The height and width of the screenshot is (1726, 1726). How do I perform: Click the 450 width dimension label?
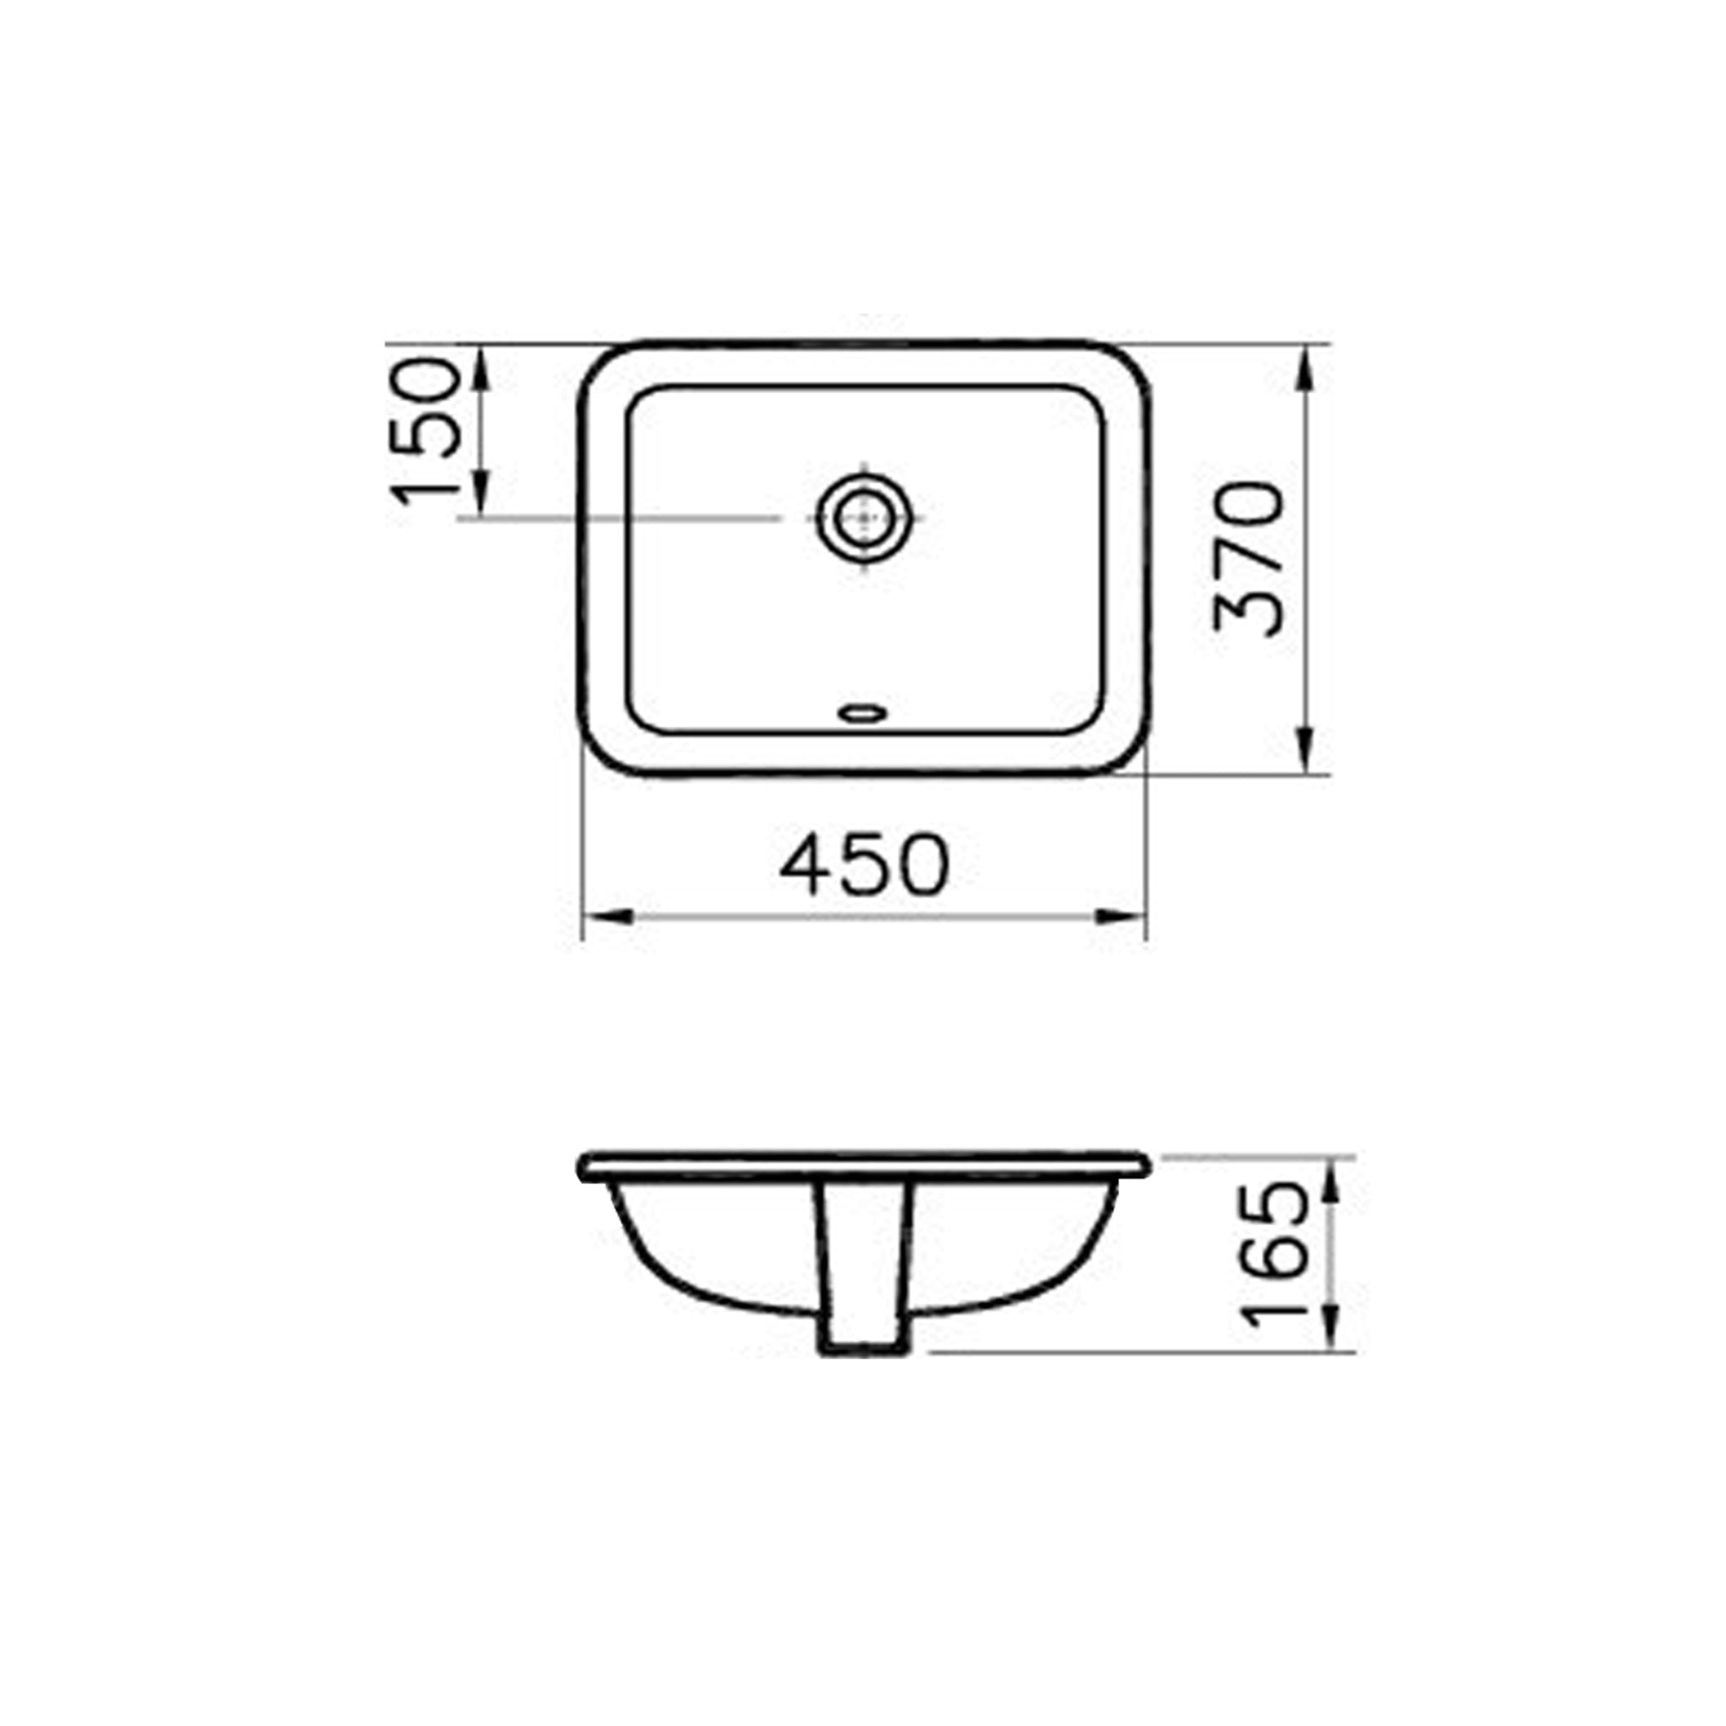click(x=863, y=865)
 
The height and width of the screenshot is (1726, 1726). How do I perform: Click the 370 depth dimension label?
click(x=1248, y=560)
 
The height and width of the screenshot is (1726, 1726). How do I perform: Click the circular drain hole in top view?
click(x=864, y=517)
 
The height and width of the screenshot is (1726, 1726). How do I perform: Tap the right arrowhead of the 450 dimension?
click(x=1120, y=917)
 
